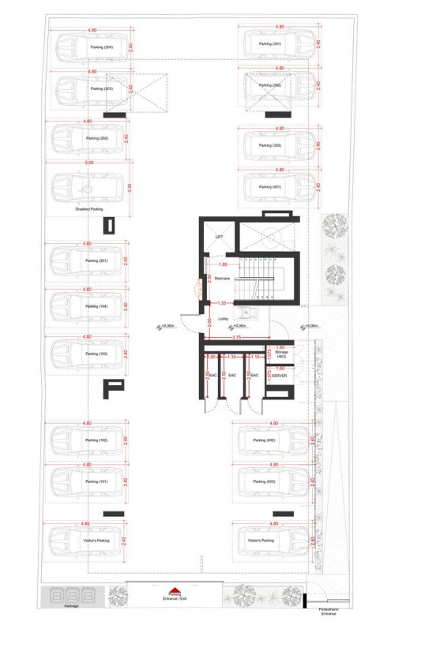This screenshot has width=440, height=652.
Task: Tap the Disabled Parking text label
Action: click(89, 209)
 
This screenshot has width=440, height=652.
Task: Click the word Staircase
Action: click(223, 278)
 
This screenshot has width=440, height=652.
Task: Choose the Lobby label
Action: click(224, 319)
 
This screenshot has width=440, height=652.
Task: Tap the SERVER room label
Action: click(279, 376)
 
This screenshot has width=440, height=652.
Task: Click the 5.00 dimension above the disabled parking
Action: click(89, 163)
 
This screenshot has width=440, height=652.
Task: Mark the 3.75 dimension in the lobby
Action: click(236, 338)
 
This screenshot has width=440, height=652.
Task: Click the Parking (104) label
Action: click(96, 305)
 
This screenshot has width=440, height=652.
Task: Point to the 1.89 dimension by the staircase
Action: click(223, 264)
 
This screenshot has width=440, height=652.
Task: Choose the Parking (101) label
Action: click(96, 481)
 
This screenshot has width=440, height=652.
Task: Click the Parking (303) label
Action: click(273, 145)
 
